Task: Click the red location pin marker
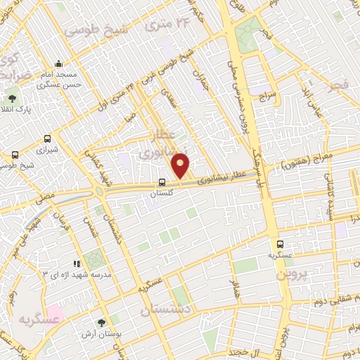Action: [181, 165]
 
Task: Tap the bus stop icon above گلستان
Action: [162, 181]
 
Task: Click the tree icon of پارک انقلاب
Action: [12, 98]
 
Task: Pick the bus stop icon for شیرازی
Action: [47, 139]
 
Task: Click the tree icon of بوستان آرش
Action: [103, 322]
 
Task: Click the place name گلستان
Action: [163, 191]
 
